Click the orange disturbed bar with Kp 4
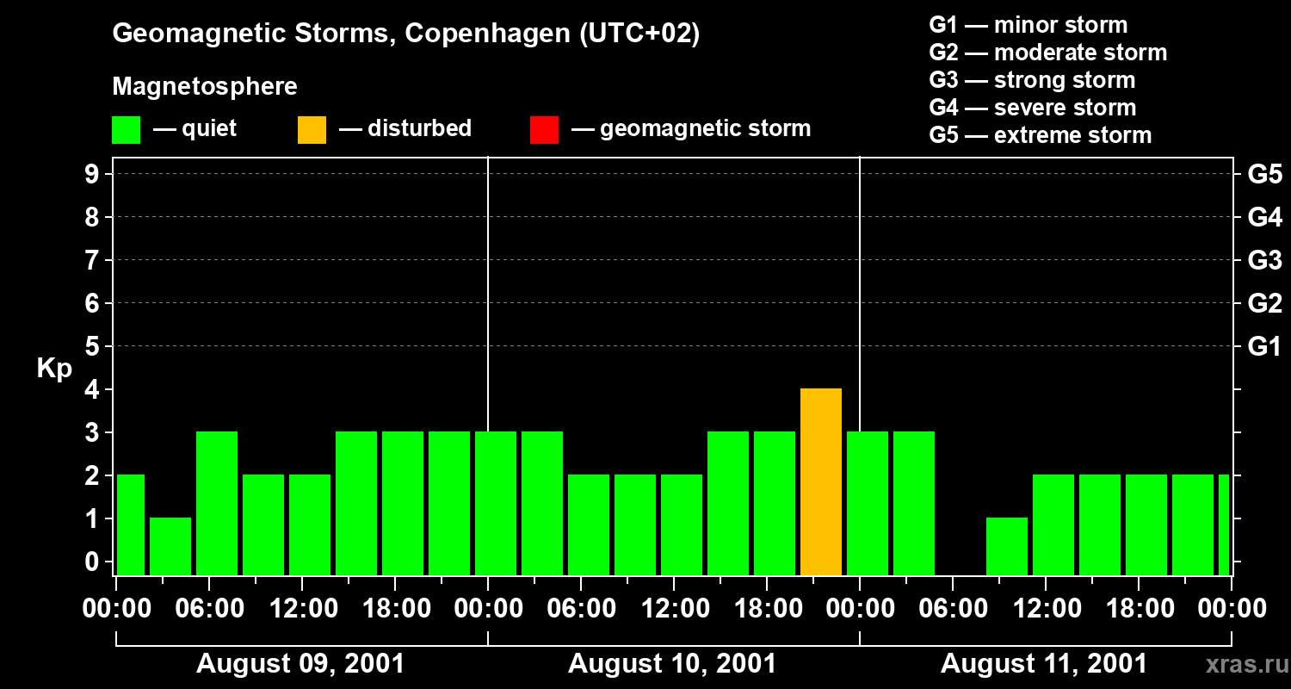[820, 482]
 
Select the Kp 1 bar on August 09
[170, 546]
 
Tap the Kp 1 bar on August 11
[1006, 546]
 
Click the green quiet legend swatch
[126, 130]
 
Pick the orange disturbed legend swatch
[312, 130]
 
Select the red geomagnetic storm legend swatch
[544, 130]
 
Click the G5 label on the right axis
[1264, 174]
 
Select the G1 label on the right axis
[1264, 346]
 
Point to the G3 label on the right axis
[1264, 260]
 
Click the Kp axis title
[54, 369]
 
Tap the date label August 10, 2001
[672, 664]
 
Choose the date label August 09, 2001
[300, 664]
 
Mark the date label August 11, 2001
[1044, 664]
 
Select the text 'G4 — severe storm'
[1032, 108]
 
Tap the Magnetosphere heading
[205, 87]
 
